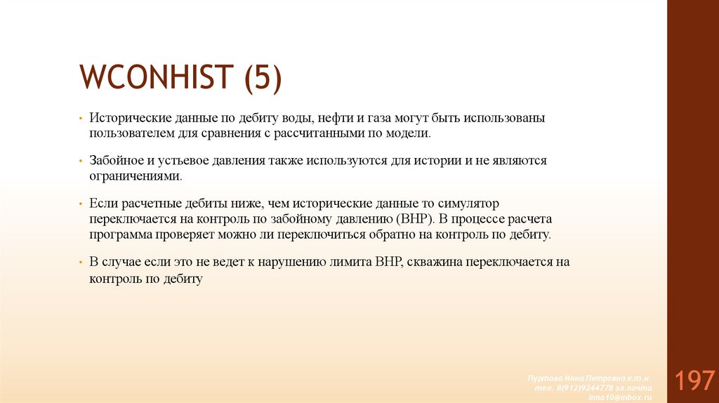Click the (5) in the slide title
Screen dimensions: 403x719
point(263,78)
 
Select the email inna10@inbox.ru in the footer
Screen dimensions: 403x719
point(624,396)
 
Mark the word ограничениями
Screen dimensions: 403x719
point(135,176)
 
